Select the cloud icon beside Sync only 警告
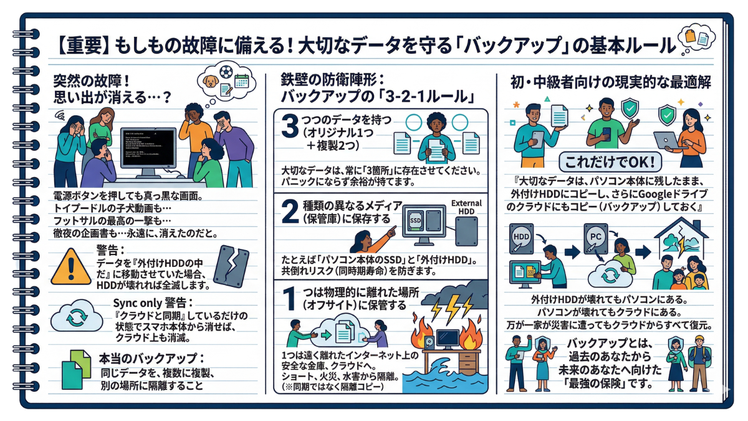pyautogui.click(x=75, y=317)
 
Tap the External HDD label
pyautogui.click(x=466, y=208)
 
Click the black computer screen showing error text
pyautogui.click(x=148, y=150)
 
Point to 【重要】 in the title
pyautogui.click(x=83, y=46)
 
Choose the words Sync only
pyautogui.click(x=135, y=302)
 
